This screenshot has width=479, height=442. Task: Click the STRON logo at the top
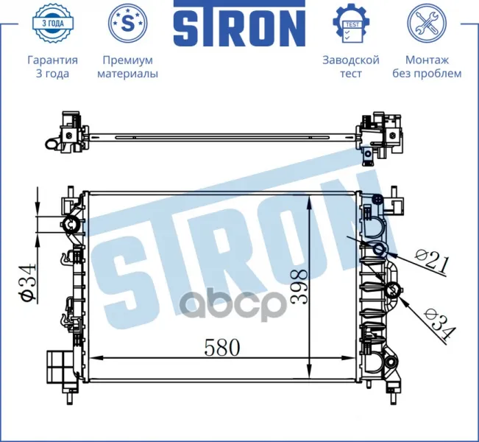tap(240, 24)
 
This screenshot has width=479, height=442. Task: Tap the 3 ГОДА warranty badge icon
tap(53, 23)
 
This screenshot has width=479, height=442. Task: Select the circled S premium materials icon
tap(128, 23)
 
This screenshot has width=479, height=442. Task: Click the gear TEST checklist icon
tap(351, 24)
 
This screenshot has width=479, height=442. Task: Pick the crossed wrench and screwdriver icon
tap(427, 23)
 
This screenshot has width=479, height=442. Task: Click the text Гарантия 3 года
tap(52, 67)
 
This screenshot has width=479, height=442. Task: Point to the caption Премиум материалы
tap(128, 67)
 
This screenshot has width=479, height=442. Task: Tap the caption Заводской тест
tap(351, 67)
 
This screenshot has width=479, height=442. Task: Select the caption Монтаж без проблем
tap(427, 67)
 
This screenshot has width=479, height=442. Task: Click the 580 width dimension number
tap(222, 348)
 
